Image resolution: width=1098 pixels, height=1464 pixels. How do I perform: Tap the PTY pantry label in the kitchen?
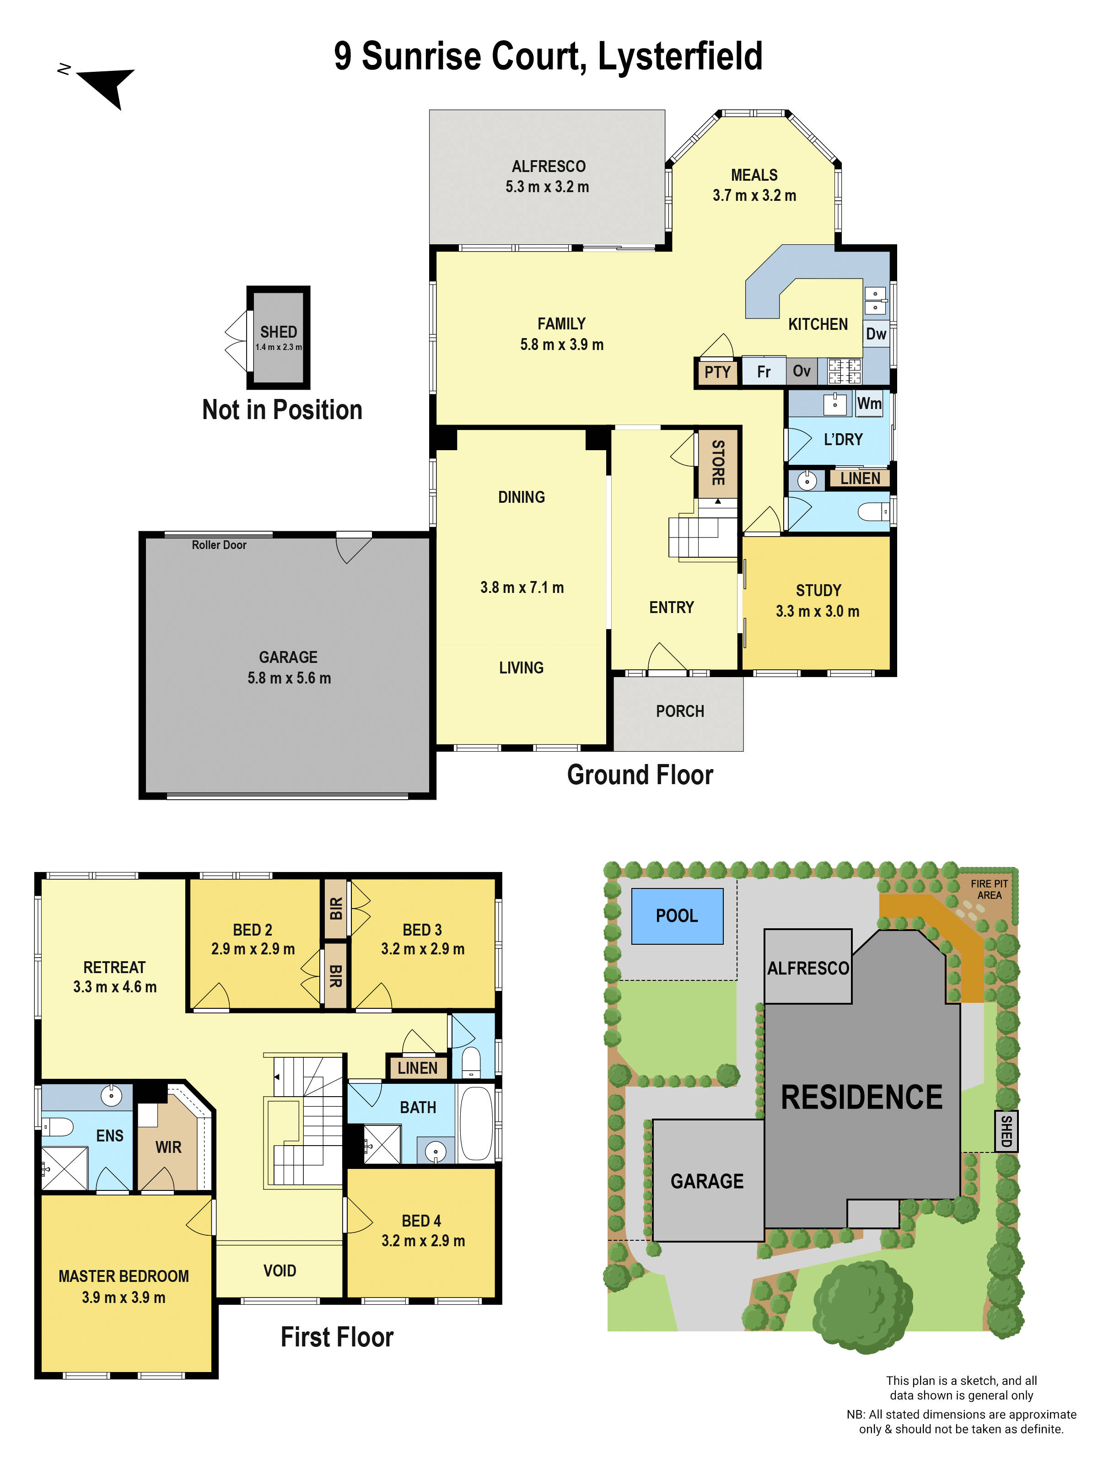[x=717, y=372]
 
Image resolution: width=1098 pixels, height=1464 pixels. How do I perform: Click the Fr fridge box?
[x=763, y=372]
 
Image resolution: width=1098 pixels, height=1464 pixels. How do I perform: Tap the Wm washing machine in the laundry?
[x=869, y=404]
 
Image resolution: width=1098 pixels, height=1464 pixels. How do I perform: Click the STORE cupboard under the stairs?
[x=717, y=463]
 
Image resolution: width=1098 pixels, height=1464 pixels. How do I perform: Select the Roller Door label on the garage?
[x=219, y=545]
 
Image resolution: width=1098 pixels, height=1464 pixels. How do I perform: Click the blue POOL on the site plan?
[x=676, y=916]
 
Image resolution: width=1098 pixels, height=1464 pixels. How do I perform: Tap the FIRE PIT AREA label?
[x=989, y=889]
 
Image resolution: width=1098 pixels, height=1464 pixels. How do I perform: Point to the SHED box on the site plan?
[x=1005, y=1131]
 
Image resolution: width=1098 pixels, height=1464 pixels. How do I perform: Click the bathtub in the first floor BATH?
[x=475, y=1124]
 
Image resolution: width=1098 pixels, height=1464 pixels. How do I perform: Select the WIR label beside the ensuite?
[x=168, y=1147]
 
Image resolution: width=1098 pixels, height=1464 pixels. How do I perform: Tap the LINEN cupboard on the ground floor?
[x=860, y=479]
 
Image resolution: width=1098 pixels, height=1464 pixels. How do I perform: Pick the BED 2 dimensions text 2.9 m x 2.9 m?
[x=253, y=949]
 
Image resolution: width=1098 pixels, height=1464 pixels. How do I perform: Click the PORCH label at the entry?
[x=680, y=711]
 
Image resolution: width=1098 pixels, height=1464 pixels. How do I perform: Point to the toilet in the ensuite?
[x=57, y=1126]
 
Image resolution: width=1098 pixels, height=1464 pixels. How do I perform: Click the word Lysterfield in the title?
[x=680, y=56]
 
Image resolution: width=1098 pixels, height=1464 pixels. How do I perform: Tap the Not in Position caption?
[x=282, y=410]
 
